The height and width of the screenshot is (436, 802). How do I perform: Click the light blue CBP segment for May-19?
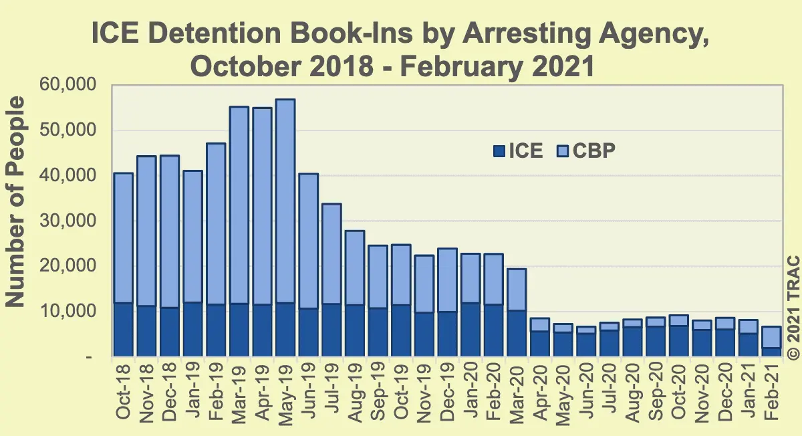(285, 201)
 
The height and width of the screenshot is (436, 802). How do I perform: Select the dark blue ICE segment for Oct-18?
(124, 330)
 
